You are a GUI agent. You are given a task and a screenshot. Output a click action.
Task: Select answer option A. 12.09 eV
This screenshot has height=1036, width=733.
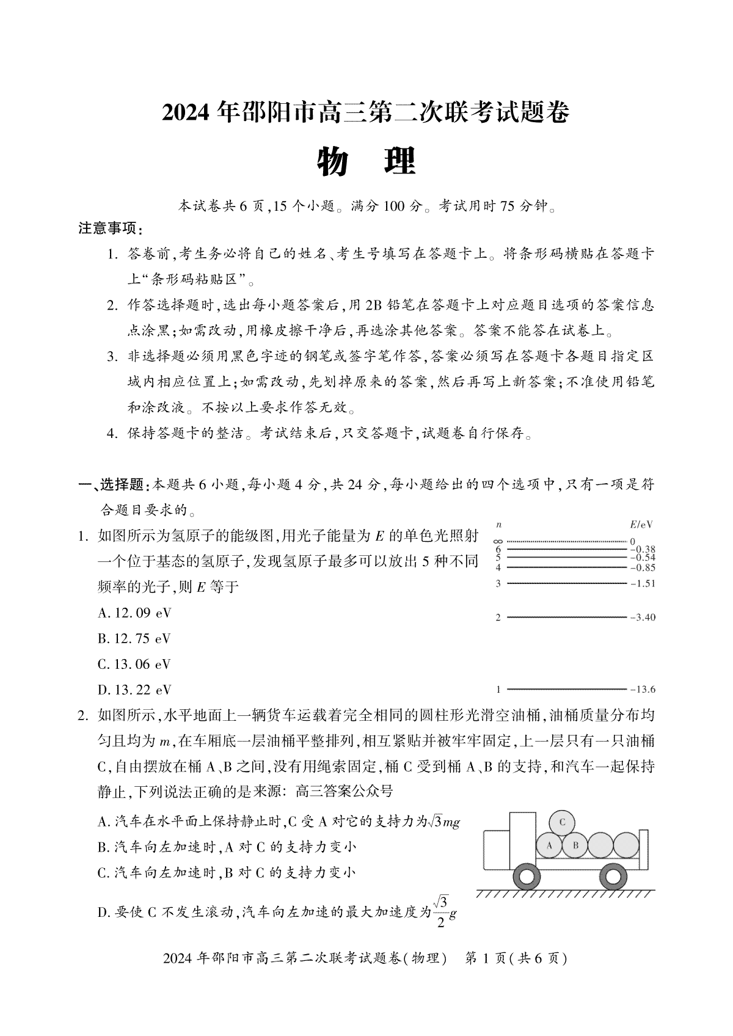click(x=134, y=613)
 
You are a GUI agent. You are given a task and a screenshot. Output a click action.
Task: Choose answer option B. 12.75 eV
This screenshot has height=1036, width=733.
click(x=134, y=638)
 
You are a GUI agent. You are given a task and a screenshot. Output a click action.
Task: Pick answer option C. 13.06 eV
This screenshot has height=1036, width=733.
click(x=134, y=664)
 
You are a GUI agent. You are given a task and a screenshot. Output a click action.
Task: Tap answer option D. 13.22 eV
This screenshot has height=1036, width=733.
click(x=134, y=690)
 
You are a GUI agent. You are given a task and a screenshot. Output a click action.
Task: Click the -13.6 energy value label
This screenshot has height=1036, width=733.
click(x=642, y=690)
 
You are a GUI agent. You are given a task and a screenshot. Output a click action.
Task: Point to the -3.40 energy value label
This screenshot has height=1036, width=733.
click(x=642, y=618)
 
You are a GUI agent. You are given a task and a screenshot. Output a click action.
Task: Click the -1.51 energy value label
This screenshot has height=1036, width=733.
click(x=642, y=583)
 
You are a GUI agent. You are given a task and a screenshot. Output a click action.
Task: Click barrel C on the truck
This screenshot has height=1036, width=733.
click(x=562, y=822)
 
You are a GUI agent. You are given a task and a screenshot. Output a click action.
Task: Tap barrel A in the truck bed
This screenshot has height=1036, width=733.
click(x=549, y=846)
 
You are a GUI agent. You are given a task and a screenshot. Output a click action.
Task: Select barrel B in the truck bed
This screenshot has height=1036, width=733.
click(x=574, y=846)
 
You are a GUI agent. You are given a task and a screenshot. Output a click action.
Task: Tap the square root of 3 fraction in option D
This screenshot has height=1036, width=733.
click(x=441, y=910)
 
